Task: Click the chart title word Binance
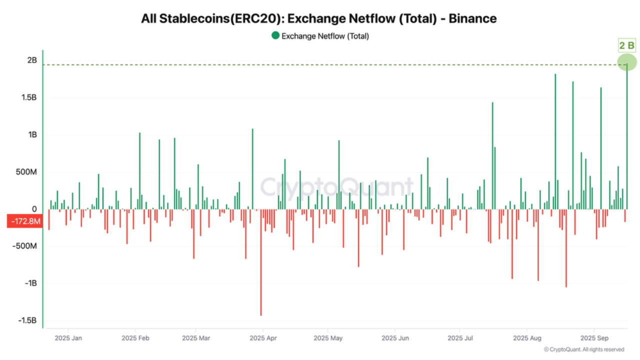click(x=472, y=19)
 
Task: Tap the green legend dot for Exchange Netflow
click(x=275, y=36)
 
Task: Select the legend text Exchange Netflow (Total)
click(x=325, y=36)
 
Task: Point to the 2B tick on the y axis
click(x=32, y=60)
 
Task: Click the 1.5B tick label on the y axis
click(x=28, y=97)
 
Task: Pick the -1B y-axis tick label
click(x=31, y=283)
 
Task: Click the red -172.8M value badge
click(x=23, y=220)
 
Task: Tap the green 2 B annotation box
click(x=626, y=46)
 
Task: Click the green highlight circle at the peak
click(x=626, y=63)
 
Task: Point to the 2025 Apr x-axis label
click(x=263, y=338)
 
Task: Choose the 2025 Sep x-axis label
click(x=593, y=338)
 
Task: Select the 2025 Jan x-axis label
click(x=68, y=338)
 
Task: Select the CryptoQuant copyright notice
click(x=583, y=349)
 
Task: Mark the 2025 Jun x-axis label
click(x=395, y=338)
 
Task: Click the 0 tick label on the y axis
click(x=34, y=209)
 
